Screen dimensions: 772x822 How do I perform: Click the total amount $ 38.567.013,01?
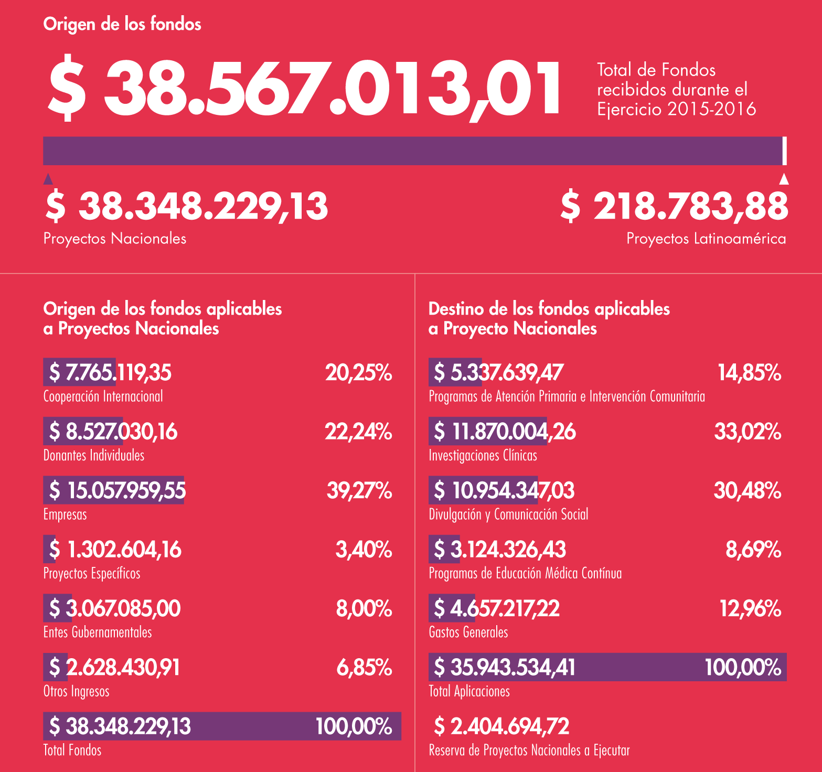(x=304, y=88)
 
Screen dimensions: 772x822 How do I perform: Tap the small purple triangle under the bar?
(x=48, y=179)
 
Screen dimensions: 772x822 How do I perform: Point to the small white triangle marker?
(x=784, y=179)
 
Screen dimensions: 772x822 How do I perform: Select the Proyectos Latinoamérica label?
(x=706, y=239)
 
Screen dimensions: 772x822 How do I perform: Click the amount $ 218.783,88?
(x=674, y=206)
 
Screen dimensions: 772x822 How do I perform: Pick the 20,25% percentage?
(x=358, y=373)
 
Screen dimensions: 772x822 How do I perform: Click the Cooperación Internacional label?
(x=103, y=396)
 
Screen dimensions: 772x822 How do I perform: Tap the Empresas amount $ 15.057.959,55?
(x=117, y=490)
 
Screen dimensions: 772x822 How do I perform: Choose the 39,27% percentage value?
(x=359, y=490)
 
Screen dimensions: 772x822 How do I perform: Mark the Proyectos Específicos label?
(x=92, y=573)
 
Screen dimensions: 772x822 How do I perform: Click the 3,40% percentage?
(x=364, y=550)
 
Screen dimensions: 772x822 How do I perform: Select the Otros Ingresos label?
(x=76, y=691)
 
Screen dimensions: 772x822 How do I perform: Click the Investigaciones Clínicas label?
(x=483, y=455)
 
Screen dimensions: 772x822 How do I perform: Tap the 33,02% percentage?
(x=748, y=432)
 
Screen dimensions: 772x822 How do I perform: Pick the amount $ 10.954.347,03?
(x=504, y=490)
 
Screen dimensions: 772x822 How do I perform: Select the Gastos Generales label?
(x=468, y=632)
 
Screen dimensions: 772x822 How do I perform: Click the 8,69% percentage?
(x=753, y=550)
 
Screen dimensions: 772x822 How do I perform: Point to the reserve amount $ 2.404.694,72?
(x=501, y=726)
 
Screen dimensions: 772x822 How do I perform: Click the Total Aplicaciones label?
(x=469, y=691)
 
